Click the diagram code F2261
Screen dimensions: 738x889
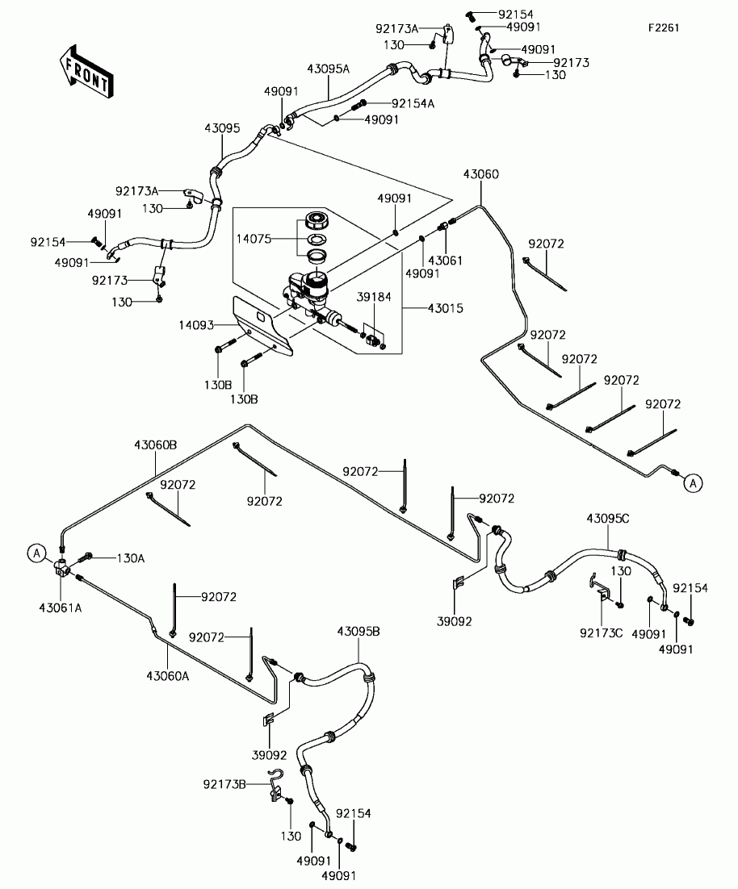(664, 27)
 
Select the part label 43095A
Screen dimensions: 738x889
(329, 69)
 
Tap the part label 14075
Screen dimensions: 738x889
(254, 239)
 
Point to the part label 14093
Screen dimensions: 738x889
(196, 325)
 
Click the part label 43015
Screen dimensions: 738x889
(445, 308)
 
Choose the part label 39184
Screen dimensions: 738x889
(374, 297)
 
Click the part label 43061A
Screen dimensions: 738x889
(61, 607)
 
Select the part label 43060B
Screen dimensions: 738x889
(155, 445)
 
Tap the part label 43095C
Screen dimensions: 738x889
(608, 518)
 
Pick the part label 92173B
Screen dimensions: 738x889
(224, 784)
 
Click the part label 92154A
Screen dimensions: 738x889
(413, 103)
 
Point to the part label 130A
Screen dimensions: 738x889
(131, 558)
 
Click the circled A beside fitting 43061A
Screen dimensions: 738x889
(37, 553)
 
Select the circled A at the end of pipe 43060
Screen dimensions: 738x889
(693, 483)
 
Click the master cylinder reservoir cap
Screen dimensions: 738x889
(314, 219)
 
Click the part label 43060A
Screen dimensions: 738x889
(168, 675)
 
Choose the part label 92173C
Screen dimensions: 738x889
(602, 632)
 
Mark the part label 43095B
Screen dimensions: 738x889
(359, 631)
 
